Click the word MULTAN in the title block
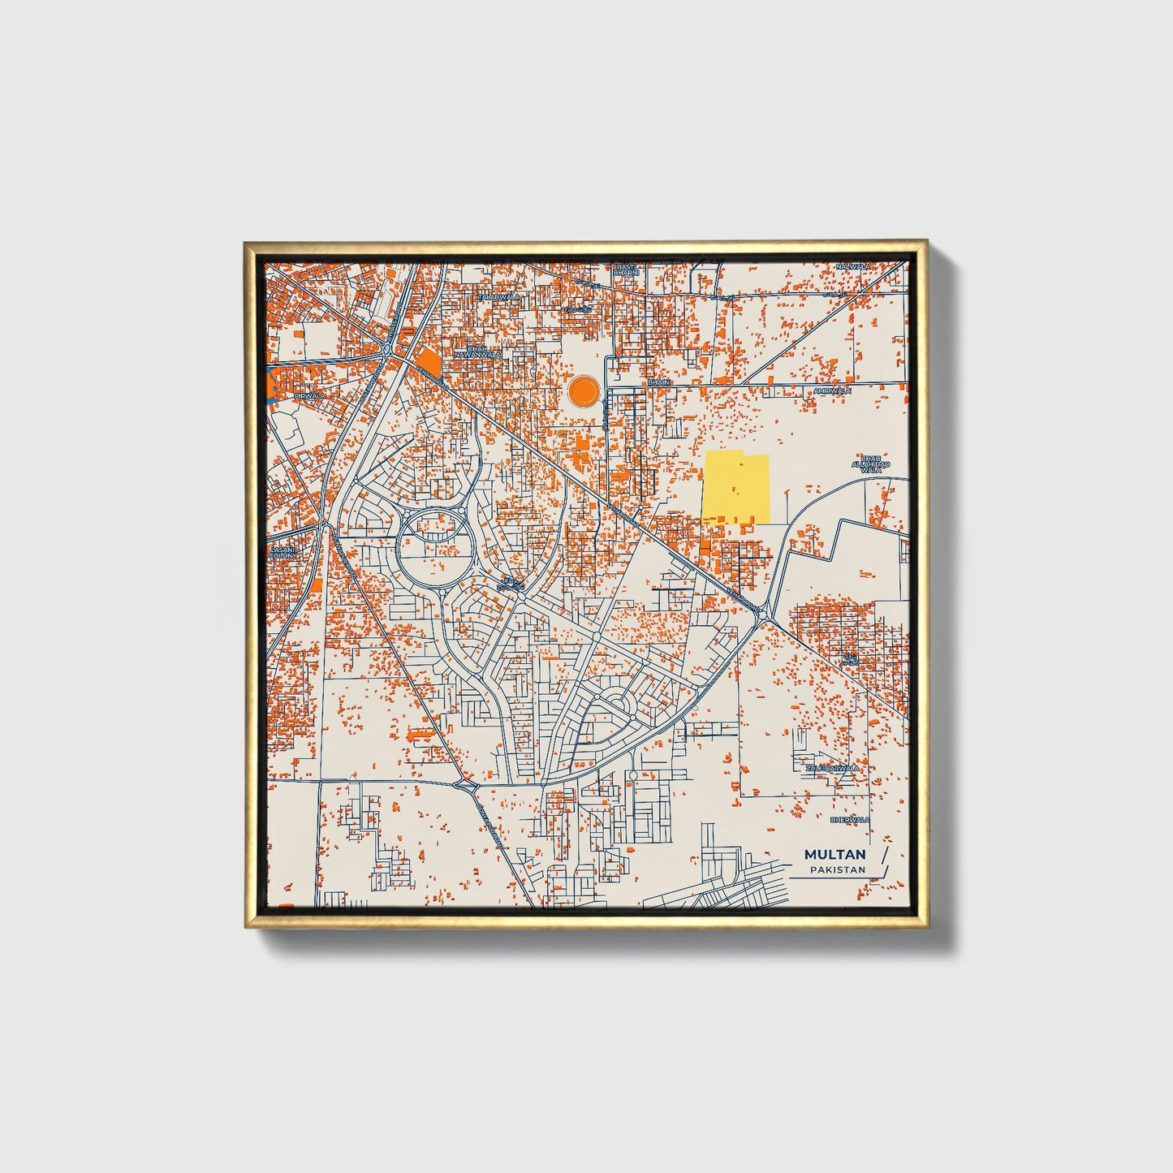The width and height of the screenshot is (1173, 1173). (x=834, y=855)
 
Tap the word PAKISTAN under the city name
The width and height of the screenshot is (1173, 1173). (x=837, y=870)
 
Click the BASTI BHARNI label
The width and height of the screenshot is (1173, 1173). (x=626, y=270)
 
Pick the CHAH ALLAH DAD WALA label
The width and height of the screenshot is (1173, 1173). (x=870, y=464)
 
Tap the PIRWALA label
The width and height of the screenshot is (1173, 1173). (x=308, y=395)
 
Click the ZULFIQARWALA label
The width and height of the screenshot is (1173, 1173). (x=831, y=767)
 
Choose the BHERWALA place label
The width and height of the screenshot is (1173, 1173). (x=849, y=820)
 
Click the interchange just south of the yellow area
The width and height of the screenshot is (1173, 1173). (x=765, y=618)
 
